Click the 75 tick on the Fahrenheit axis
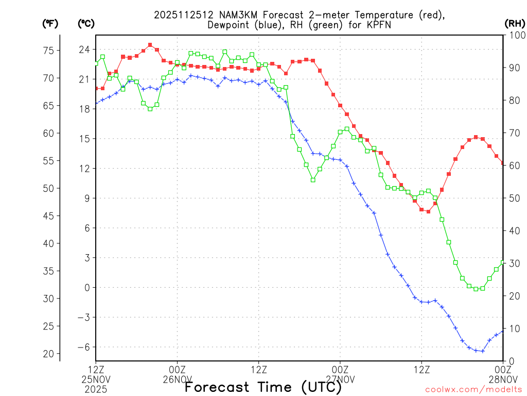[x=48, y=51]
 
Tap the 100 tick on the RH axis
[x=516, y=35]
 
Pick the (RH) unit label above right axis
[x=515, y=23]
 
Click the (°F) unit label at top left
[x=50, y=23]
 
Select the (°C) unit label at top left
[x=85, y=23]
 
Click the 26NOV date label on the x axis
[x=178, y=379]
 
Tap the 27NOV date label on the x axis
[x=340, y=379]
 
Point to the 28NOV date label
[x=503, y=379]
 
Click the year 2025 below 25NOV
[x=96, y=388]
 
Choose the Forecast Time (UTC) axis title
[x=263, y=387]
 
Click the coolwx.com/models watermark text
[x=473, y=389]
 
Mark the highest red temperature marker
[x=150, y=45]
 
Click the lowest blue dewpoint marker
[x=483, y=351]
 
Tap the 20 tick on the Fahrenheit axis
[x=48, y=354]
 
